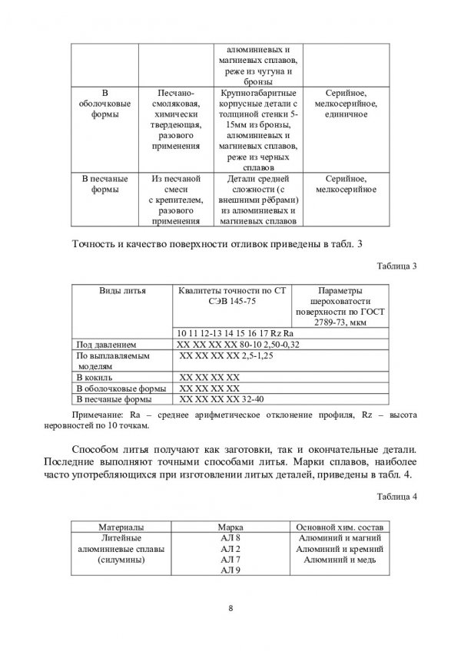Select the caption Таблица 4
398,497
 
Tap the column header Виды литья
122,291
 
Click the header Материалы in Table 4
120,528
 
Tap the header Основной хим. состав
338,528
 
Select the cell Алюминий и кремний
339,550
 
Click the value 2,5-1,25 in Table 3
264,356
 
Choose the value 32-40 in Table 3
264,399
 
